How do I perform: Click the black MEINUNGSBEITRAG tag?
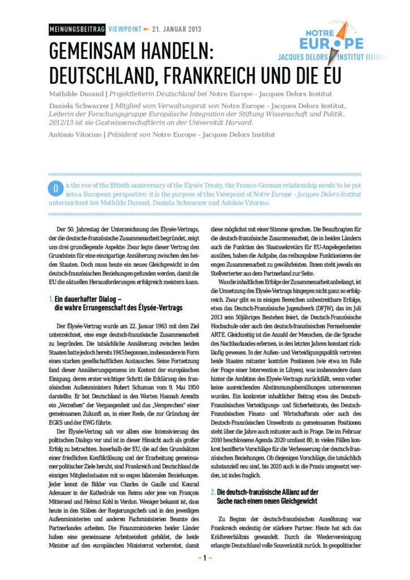pos(77,29)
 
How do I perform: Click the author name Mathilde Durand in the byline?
pos(75,93)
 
